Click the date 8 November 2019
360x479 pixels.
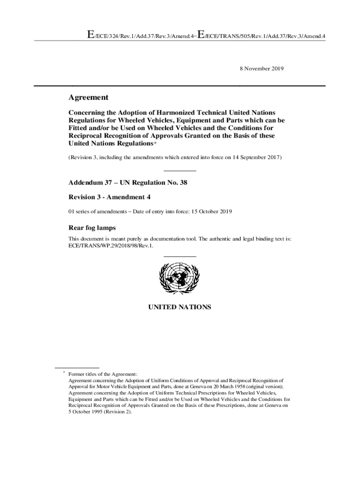coord(262,69)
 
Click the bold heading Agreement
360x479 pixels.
coord(89,97)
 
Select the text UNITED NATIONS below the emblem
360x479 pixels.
coord(180,307)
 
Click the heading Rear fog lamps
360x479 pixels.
coord(92,228)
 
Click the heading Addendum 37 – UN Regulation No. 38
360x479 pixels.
coord(128,182)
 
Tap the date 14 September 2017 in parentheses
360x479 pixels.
coord(254,158)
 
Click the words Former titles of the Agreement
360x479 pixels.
coord(103,374)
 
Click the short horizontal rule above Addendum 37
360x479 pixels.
coord(180,170)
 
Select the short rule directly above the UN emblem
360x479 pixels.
coord(180,256)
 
